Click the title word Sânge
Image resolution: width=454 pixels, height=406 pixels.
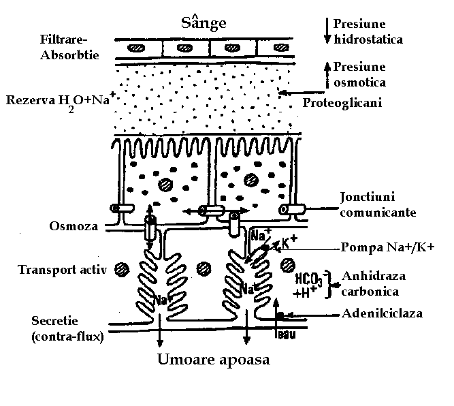[x=204, y=22]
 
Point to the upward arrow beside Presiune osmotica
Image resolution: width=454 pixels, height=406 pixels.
[x=327, y=74]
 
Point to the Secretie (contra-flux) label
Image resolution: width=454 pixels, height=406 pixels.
[x=66, y=327]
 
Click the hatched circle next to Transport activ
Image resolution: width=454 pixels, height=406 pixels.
[x=122, y=268]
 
